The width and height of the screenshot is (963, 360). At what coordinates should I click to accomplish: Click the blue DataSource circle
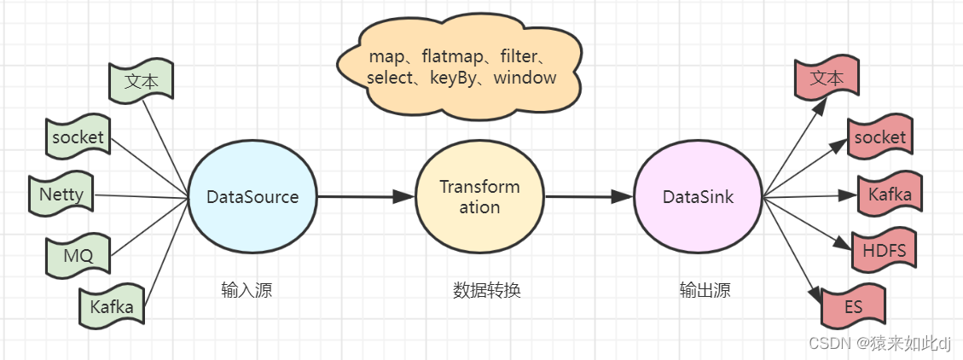coord(252,197)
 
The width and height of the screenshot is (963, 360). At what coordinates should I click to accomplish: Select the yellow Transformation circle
coord(479,197)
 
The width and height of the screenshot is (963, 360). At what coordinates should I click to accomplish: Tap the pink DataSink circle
coord(699,197)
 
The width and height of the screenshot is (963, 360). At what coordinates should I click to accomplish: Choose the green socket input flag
coord(78,136)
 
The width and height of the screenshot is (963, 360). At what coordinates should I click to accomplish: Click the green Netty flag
coord(61,195)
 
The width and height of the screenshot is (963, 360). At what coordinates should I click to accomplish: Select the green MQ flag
coord(78,253)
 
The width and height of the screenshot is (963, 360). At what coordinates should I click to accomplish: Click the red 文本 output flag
coord(827,78)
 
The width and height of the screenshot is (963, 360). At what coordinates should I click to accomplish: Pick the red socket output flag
coord(879,137)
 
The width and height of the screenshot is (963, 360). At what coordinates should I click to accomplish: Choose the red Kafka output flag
coord(890,195)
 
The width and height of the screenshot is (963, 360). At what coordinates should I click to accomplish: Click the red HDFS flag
coord(884,251)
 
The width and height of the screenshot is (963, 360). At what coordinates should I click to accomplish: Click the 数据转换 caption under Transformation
coord(486,290)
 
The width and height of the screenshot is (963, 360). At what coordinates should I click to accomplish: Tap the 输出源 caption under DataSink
coord(705,290)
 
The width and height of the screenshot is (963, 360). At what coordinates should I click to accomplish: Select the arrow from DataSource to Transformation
coord(366,196)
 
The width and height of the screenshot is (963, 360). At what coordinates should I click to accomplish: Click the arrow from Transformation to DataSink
coord(589,196)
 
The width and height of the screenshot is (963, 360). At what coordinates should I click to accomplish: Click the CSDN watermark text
coord(879,343)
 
